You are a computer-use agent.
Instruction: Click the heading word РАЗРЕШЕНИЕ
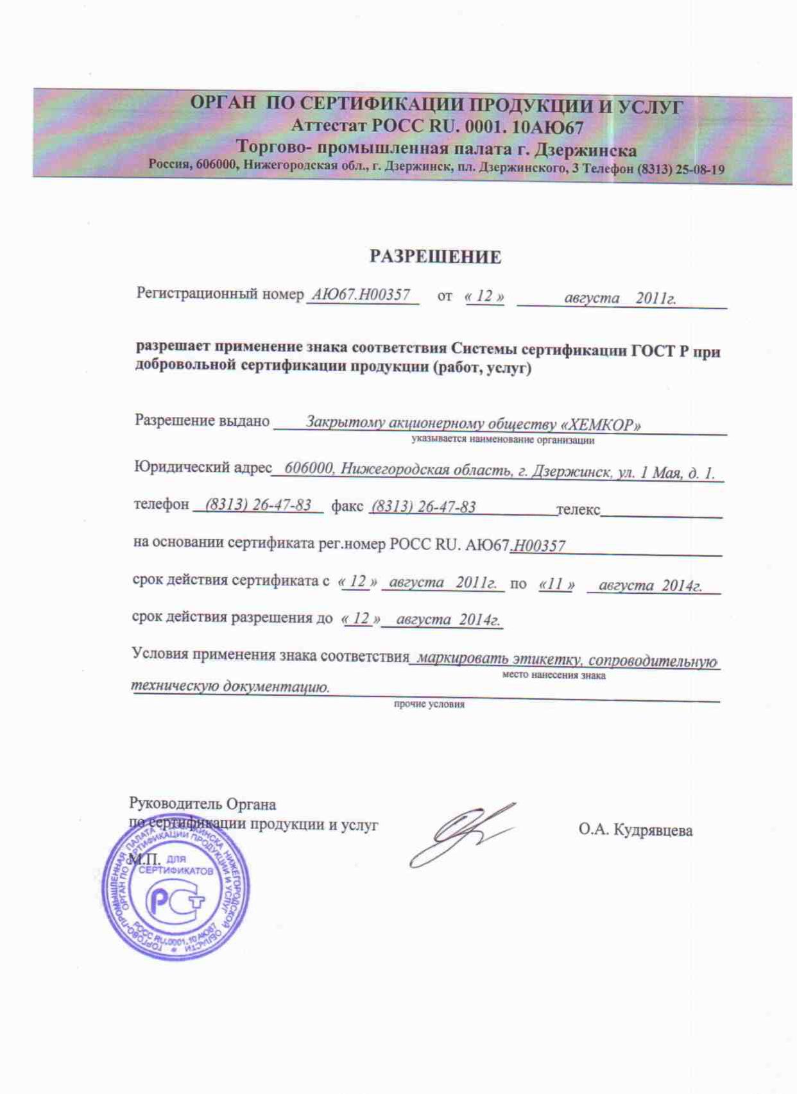tap(435, 257)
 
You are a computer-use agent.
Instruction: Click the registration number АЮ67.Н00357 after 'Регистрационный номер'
tap(361, 295)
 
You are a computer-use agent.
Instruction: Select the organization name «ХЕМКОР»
tap(601, 424)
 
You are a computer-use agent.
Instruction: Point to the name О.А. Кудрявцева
tap(635, 830)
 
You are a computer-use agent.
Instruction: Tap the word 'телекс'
tap(578, 510)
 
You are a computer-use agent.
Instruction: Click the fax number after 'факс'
tap(424, 507)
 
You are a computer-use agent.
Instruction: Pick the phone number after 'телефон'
tap(259, 505)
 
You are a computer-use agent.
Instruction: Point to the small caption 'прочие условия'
tap(429, 704)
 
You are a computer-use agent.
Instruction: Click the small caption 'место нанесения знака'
tap(553, 675)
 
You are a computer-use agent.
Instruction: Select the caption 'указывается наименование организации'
tap(502, 441)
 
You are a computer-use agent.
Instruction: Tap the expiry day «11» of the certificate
tap(556, 584)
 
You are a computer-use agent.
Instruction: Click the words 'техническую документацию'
tap(230, 687)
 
